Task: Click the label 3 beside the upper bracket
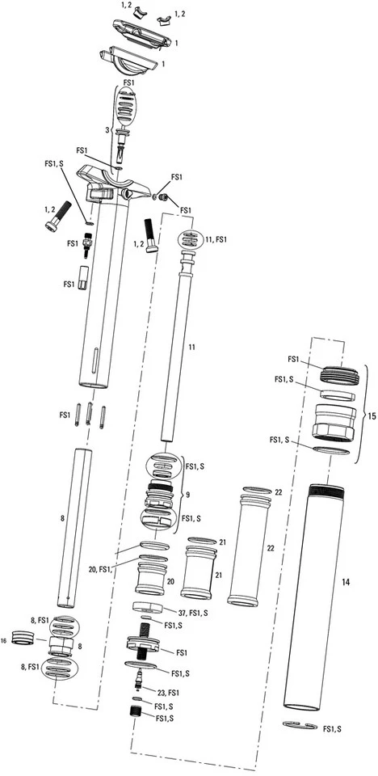106,129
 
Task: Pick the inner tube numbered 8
76,525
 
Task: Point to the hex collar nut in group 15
331,420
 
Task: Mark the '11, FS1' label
217,240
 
